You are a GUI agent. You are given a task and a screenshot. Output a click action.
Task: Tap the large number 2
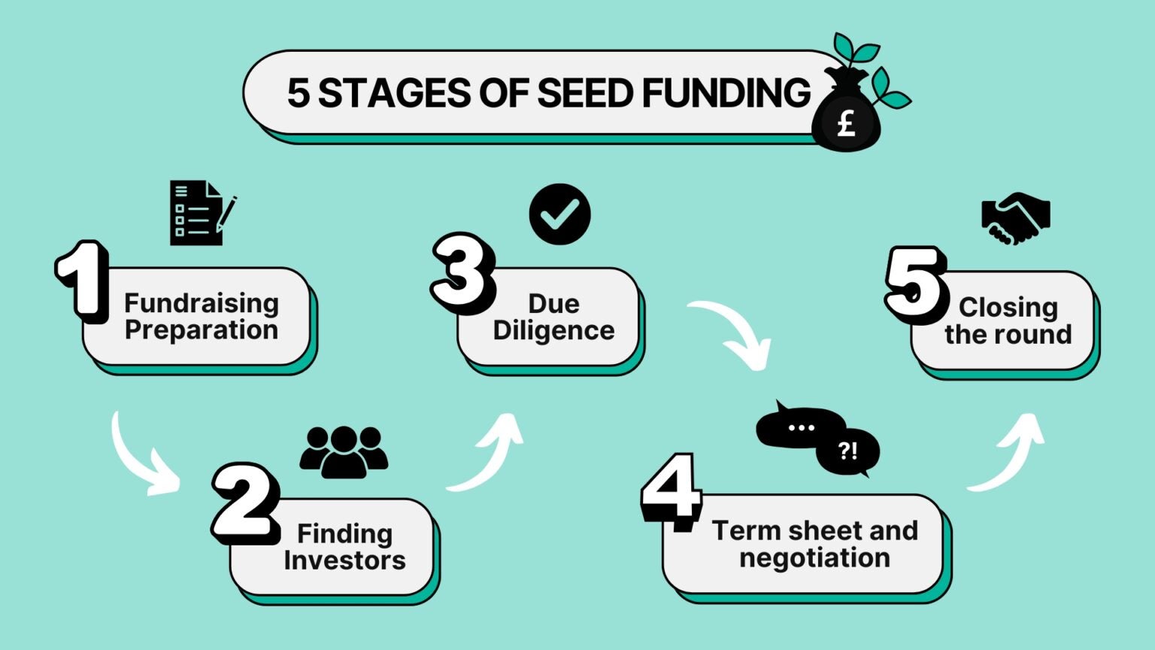click(245, 502)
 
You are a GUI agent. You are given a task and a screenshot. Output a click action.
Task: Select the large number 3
click(462, 272)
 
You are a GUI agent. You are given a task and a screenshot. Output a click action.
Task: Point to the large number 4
click(671, 491)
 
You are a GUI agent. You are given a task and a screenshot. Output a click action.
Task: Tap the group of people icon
click(344, 452)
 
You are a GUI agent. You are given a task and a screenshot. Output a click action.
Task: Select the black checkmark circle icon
click(559, 214)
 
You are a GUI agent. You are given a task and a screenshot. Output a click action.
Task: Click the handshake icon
click(1015, 218)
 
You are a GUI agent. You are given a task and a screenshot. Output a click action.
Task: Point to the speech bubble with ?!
click(848, 451)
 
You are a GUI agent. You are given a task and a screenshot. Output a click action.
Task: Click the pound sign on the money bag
click(847, 123)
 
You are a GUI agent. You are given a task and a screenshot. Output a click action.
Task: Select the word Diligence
click(553, 330)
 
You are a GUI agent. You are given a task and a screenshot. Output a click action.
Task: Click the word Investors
click(344, 560)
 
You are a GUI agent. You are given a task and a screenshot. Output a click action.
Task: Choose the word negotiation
click(814, 557)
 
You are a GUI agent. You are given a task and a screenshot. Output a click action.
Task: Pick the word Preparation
click(202, 330)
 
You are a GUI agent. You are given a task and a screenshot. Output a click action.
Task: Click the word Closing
click(1008, 307)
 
